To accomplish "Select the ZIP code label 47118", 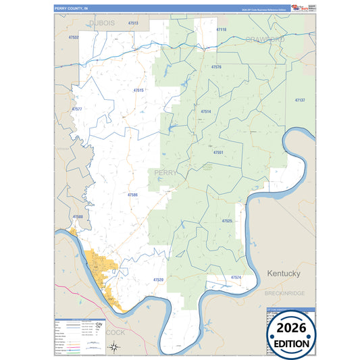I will click(x=222, y=30).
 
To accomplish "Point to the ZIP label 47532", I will click(x=74, y=37).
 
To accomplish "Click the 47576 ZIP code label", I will click(x=216, y=68).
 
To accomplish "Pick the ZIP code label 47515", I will click(x=138, y=90).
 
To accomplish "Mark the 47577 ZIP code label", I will click(x=77, y=109).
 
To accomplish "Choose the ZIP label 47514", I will click(x=206, y=111).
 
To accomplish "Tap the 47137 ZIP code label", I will click(x=300, y=100).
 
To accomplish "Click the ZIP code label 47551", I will click(x=218, y=153).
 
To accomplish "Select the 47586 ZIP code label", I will click(x=133, y=195).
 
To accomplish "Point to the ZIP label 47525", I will click(x=227, y=221).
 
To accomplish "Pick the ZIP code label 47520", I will click(x=158, y=279).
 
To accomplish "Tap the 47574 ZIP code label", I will click(x=236, y=278).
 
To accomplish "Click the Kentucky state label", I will click(x=283, y=274).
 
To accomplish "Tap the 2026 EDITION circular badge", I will click(x=292, y=333).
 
